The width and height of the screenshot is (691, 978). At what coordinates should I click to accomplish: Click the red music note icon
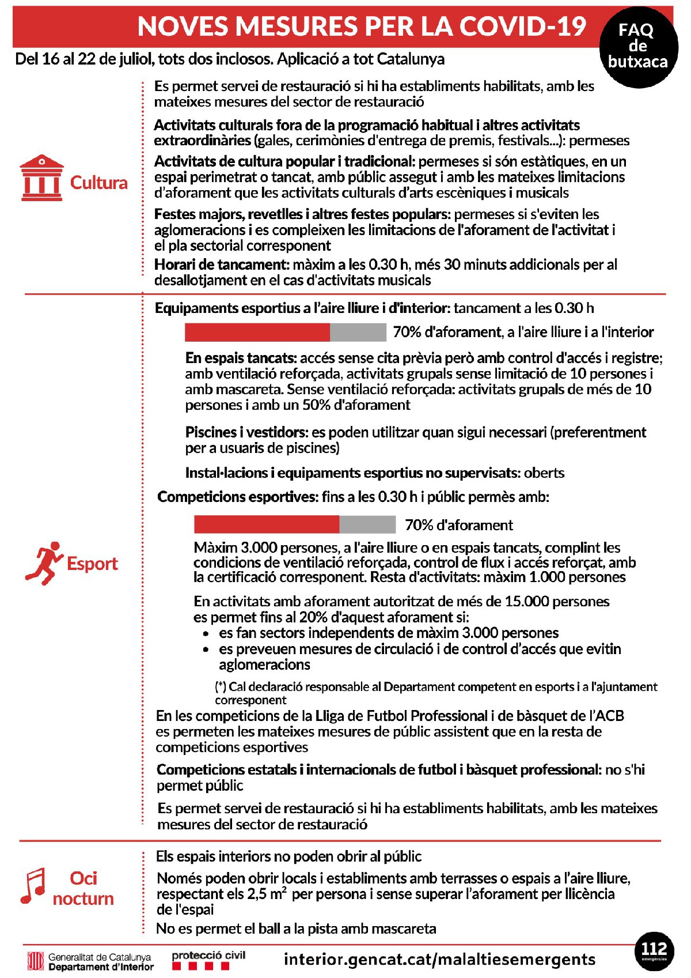[x=33, y=886]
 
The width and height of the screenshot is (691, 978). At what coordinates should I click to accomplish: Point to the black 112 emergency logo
[x=654, y=951]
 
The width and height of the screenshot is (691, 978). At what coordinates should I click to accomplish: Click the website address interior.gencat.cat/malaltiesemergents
[x=440, y=960]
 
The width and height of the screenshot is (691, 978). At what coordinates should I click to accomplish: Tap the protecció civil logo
[x=208, y=960]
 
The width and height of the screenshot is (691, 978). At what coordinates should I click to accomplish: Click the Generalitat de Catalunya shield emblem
[x=36, y=961]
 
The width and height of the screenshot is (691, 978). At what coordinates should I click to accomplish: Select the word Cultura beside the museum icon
[x=98, y=183]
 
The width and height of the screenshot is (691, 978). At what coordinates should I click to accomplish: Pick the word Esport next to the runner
[x=92, y=564]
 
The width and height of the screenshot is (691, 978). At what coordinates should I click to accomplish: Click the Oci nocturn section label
[x=83, y=888]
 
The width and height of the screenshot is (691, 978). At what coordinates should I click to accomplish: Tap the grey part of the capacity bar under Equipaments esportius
[x=358, y=332]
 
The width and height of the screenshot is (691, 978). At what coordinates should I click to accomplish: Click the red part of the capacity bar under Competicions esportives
[x=266, y=524]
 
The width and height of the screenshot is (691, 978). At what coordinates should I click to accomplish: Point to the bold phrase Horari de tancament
[x=221, y=265]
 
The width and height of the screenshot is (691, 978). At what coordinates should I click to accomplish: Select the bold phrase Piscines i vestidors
[x=245, y=432]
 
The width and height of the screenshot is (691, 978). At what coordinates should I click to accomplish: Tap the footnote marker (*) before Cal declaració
[x=221, y=687]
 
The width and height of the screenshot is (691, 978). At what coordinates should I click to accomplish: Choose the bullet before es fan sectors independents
[x=206, y=633]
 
